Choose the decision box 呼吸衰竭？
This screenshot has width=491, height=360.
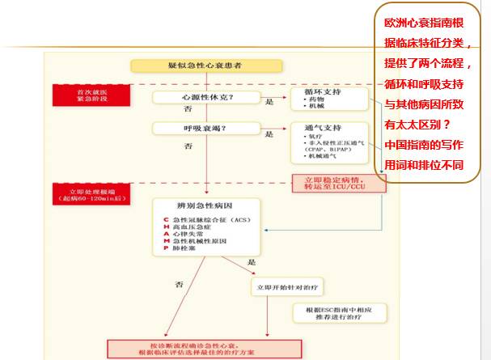188,128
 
